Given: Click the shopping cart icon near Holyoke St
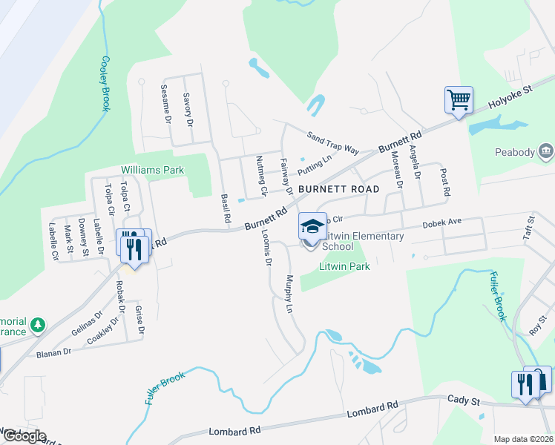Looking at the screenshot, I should tap(459, 99).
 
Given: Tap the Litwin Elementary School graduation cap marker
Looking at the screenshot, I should tap(312, 225).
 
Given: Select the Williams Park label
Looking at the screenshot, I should tap(152, 170).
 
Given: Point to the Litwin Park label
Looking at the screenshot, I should tap(344, 266).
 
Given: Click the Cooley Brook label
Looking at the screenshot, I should tap(106, 84).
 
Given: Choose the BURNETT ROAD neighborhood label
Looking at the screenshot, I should tap(333, 189).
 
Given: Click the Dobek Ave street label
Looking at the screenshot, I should tap(442, 222).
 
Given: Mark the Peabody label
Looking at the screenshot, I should tap(515, 153).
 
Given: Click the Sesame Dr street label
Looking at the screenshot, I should tap(166, 103).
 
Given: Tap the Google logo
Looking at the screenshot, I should tap(24, 436).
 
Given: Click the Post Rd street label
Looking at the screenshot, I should tap(445, 182).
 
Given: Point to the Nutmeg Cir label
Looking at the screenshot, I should tap(260, 175).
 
